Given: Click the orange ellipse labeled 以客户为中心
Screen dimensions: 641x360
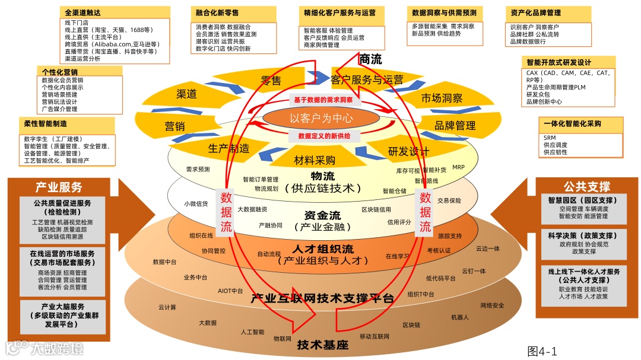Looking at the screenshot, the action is click(321, 117).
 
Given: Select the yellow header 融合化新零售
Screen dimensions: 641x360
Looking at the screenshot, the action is click(218, 12).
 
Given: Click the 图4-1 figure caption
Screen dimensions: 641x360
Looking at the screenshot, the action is click(542, 351).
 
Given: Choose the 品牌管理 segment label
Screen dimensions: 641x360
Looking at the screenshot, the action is click(455, 125).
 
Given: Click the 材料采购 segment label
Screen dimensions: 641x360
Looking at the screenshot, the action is click(315, 160).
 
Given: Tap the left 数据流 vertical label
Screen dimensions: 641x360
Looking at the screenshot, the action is click(227, 211).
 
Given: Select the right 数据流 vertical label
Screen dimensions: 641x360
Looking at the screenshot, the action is click(426, 211).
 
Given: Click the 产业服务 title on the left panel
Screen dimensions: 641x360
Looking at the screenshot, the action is click(59, 187).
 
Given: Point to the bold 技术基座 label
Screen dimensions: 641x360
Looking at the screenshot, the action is click(322, 345).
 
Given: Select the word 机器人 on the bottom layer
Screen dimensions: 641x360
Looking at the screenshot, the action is click(459, 317).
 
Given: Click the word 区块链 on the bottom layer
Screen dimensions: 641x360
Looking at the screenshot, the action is click(411, 325).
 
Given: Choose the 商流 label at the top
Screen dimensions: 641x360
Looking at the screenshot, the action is click(370, 59).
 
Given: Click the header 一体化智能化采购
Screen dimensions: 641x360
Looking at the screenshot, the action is click(572, 124).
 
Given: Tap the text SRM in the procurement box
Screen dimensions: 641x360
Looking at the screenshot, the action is click(549, 137).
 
